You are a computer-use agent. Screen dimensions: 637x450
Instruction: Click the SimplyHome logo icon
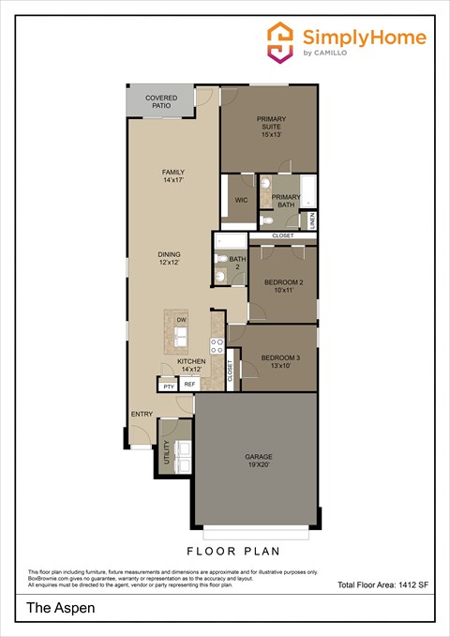(x=280, y=42)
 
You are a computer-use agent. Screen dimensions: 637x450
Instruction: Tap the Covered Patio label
(x=161, y=101)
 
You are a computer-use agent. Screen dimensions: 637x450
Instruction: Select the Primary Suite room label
(x=272, y=126)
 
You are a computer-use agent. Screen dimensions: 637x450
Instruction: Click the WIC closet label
(x=241, y=200)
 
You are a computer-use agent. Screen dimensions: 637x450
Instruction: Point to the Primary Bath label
(x=285, y=200)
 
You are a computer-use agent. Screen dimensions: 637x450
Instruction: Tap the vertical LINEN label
(x=312, y=220)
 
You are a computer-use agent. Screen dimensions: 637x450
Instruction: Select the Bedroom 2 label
(x=284, y=286)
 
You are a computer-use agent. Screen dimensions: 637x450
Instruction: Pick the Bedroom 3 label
(x=280, y=362)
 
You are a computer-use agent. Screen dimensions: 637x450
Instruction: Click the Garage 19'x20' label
(x=259, y=461)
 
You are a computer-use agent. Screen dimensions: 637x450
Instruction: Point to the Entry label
(x=142, y=414)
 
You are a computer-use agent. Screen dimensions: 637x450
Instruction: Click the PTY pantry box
(x=168, y=386)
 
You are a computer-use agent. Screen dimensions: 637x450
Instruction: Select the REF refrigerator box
(x=189, y=385)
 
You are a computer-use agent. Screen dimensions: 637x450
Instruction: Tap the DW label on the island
(x=181, y=320)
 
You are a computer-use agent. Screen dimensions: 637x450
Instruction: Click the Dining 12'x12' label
(x=169, y=258)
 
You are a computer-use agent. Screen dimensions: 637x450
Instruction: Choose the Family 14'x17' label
(x=172, y=176)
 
